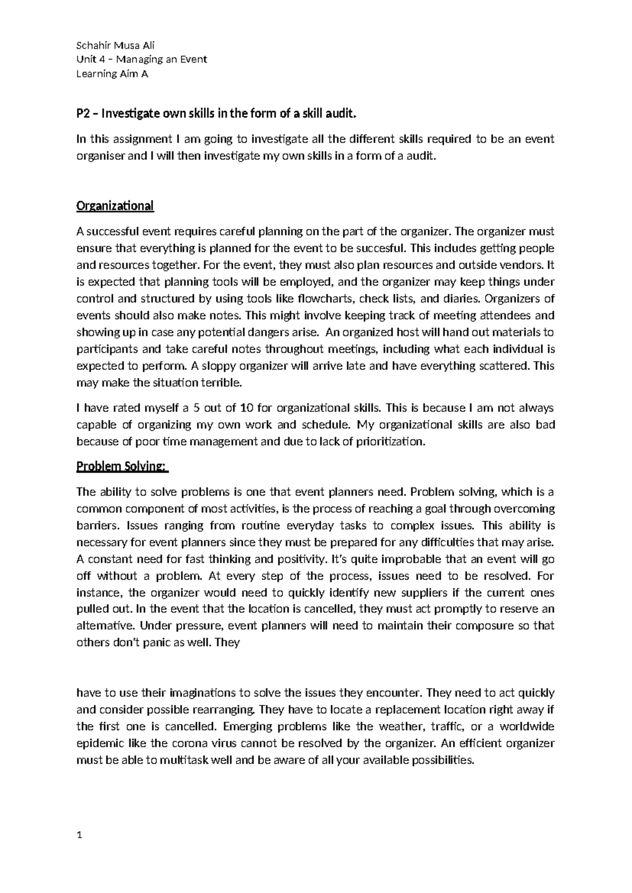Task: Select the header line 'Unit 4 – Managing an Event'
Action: coord(142,59)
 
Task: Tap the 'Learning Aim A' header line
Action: coord(112,74)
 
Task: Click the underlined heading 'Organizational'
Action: coord(115,205)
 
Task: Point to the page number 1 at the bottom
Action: coord(79,835)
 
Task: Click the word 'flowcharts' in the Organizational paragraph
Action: coord(327,299)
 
